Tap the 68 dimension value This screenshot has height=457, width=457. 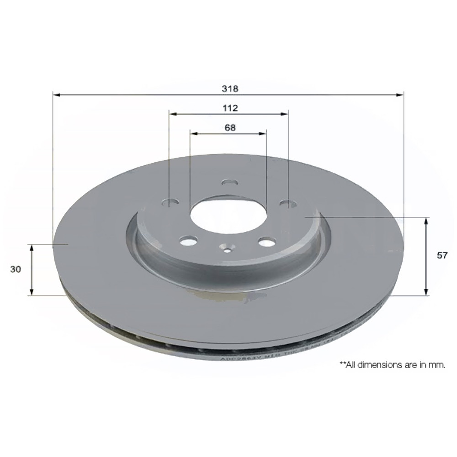[x=230, y=128]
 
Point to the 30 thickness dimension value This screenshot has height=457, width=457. [x=16, y=269]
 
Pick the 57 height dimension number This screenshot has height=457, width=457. [x=442, y=256]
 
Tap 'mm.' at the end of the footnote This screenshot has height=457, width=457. [x=437, y=366]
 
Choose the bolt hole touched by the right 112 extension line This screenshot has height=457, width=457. [x=287, y=203]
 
